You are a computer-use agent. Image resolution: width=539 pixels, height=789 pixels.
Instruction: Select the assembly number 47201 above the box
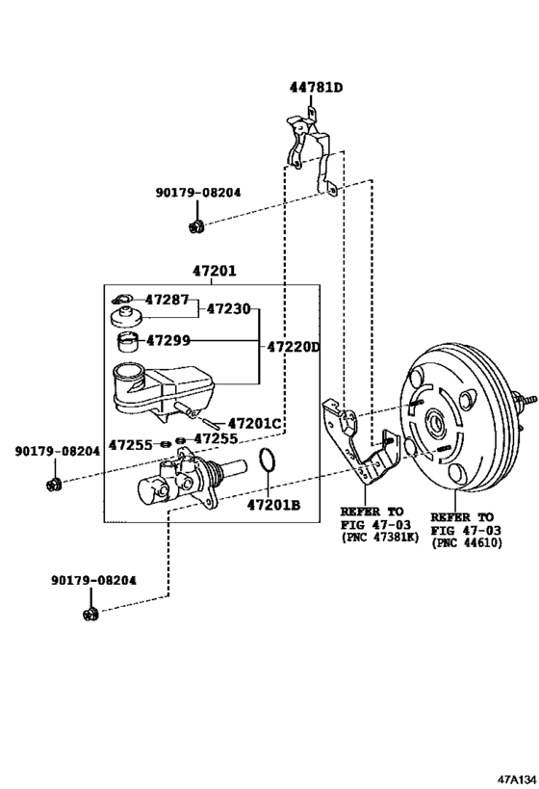214,273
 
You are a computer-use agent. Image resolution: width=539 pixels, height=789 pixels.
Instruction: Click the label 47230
229,309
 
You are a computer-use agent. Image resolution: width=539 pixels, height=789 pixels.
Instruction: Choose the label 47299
168,340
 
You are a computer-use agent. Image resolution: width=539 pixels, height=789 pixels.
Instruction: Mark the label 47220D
293,346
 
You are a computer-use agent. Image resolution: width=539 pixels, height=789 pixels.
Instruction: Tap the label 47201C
255,424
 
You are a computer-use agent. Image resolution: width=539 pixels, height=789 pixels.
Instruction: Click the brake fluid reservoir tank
159,387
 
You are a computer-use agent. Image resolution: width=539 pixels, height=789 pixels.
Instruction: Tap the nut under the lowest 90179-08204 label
91,613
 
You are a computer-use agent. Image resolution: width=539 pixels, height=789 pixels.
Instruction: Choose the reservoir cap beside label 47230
123,319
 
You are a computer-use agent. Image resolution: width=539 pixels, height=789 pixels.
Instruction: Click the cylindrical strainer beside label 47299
126,341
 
